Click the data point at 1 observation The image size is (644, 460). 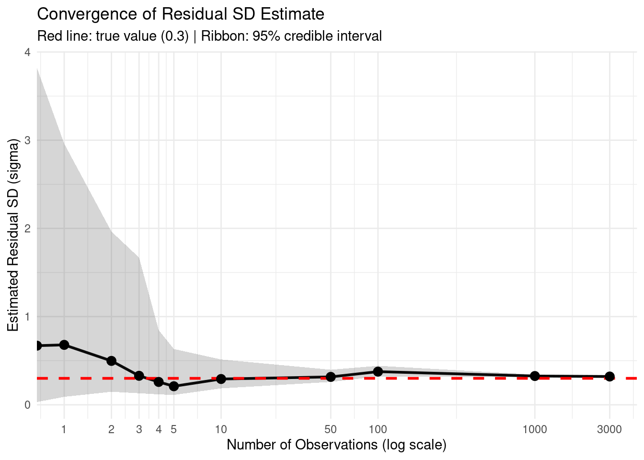[x=64, y=345]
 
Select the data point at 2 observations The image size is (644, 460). [x=112, y=361]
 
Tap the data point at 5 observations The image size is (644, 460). [x=173, y=386]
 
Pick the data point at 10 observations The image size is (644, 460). [x=221, y=379]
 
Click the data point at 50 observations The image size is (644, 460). [x=331, y=377]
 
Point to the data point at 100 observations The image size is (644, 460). [x=378, y=371]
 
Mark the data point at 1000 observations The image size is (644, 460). [x=535, y=376]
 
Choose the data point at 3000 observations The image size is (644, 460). [x=609, y=377]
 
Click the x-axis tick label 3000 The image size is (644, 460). [x=609, y=429]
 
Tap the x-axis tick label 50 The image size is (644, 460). [x=331, y=429]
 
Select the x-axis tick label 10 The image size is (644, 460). [x=221, y=429]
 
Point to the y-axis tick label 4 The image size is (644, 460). [x=27, y=52]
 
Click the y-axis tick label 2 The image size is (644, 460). [x=27, y=229]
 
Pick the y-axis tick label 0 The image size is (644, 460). [x=27, y=405]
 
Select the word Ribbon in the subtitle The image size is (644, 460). [x=223, y=36]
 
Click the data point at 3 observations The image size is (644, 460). [x=139, y=376]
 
